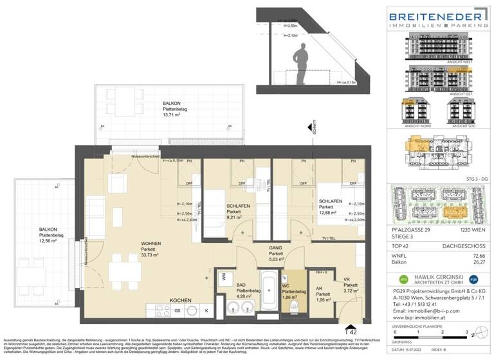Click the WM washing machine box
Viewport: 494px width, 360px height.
223,277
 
